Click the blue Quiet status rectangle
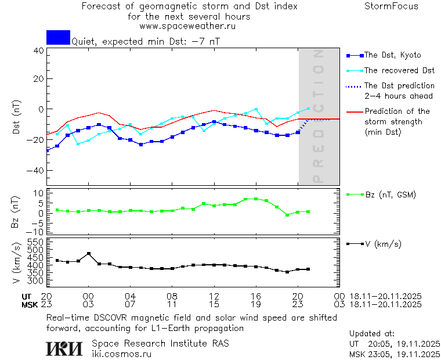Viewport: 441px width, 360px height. click(x=58, y=37)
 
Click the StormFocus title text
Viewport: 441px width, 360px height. click(x=391, y=6)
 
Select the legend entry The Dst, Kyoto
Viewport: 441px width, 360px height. click(x=392, y=55)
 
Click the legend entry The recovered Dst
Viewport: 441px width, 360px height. click(x=399, y=70)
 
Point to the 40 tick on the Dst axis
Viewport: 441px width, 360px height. click(x=38, y=51)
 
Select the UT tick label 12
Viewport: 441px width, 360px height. click(x=214, y=296)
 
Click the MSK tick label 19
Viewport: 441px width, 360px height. click(x=256, y=304)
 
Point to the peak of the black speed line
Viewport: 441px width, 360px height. click(x=88, y=254)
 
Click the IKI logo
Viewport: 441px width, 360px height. click(x=64, y=348)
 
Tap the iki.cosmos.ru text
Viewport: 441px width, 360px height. click(x=122, y=354)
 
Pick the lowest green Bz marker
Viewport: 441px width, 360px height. click(x=287, y=215)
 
